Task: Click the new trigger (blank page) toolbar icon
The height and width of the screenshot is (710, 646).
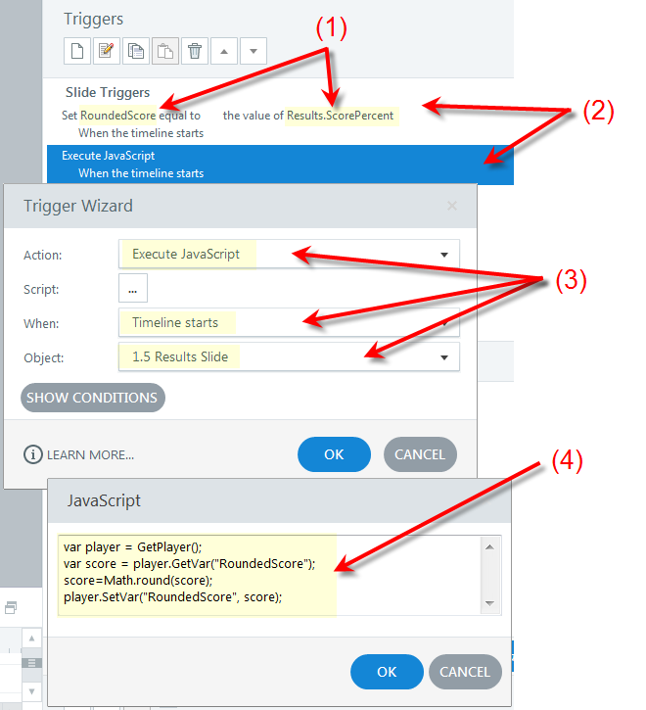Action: (77, 51)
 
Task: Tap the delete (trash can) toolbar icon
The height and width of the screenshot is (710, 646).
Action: (195, 51)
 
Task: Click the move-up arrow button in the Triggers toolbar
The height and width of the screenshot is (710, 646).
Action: (224, 51)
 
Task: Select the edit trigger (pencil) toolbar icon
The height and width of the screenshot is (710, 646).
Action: (107, 51)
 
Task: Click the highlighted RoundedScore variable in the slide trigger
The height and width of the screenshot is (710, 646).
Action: (118, 116)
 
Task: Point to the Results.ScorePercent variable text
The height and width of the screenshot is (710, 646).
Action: (340, 116)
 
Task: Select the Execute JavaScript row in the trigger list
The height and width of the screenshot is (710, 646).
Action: (280, 165)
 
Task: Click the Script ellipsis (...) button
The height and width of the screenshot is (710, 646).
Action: (133, 288)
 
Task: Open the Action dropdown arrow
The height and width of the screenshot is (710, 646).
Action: (444, 255)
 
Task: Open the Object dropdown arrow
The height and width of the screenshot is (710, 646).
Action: (444, 357)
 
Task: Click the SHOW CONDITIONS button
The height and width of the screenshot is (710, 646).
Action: (93, 398)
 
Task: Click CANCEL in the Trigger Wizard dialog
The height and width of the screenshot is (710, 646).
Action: (420, 454)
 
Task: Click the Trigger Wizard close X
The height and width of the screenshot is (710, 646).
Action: (452, 206)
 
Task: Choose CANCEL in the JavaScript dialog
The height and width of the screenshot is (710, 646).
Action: (465, 672)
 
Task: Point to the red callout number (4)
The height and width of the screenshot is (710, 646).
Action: (567, 461)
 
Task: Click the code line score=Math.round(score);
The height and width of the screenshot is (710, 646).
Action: (138, 580)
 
